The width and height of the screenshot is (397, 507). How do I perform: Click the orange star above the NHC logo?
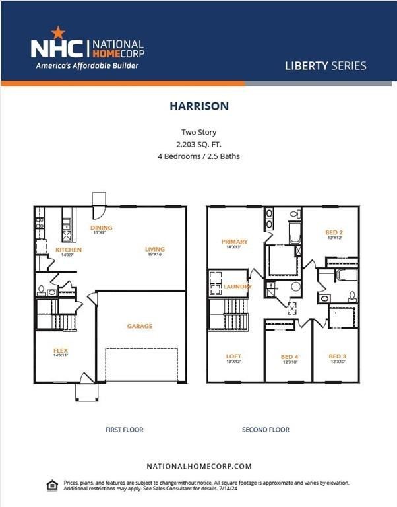coord(57,32)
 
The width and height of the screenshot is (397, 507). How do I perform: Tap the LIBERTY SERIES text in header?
coord(325,66)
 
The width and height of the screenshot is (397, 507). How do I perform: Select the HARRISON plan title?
coord(198,106)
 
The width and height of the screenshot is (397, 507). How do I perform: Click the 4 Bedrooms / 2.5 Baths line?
coord(198,156)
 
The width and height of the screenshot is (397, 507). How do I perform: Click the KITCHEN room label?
coord(68,250)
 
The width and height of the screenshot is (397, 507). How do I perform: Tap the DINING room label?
coord(102,228)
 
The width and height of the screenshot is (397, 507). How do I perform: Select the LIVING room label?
coord(155,249)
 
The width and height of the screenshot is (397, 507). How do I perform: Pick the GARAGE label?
coord(140,326)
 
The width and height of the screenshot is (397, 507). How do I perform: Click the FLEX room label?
coord(61,351)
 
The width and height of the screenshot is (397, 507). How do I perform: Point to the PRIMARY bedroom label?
coord(234,242)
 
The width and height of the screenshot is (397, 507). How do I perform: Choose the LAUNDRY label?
coord(237,287)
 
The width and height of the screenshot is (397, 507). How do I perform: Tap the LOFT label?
coord(233,356)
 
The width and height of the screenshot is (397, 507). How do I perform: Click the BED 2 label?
coord(334,233)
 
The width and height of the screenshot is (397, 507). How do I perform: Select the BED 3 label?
coord(337,356)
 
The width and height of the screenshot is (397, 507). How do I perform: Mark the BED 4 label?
coord(290,357)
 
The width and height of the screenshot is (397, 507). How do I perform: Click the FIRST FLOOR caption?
coord(124,430)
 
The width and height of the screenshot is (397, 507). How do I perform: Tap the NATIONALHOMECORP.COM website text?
coord(198,466)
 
